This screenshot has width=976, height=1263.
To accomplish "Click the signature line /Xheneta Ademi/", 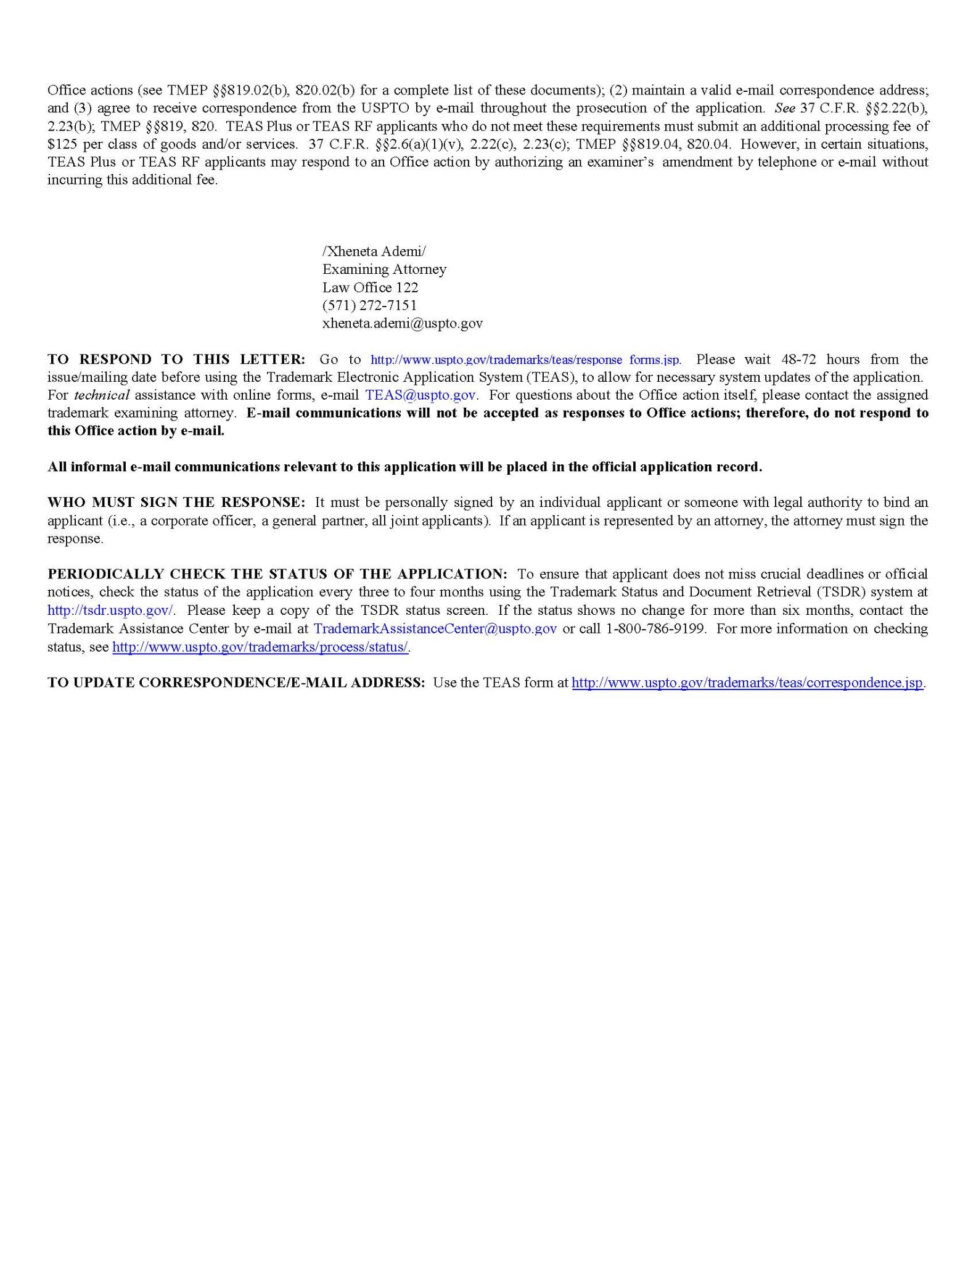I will pos(374,252).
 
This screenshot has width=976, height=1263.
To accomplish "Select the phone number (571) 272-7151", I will pos(369,305).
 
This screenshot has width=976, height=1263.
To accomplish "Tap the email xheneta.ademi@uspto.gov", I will pos(402,323).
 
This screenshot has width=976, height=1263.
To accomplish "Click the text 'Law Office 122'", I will pos(370,287).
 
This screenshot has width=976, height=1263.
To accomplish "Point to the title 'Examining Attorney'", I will pos(384,269).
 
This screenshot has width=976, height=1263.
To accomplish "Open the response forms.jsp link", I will pos(525,360).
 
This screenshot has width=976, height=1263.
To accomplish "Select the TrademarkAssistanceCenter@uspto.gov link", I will pos(435,628).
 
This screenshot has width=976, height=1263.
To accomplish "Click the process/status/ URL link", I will pos(260,647).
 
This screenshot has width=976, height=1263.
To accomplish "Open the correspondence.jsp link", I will pos(747,683).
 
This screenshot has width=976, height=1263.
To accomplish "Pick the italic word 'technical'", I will pos(105,395).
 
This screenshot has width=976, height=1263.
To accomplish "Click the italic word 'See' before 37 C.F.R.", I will pos(785,108).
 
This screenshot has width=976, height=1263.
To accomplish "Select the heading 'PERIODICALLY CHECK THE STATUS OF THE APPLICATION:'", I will pos(277,574).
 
